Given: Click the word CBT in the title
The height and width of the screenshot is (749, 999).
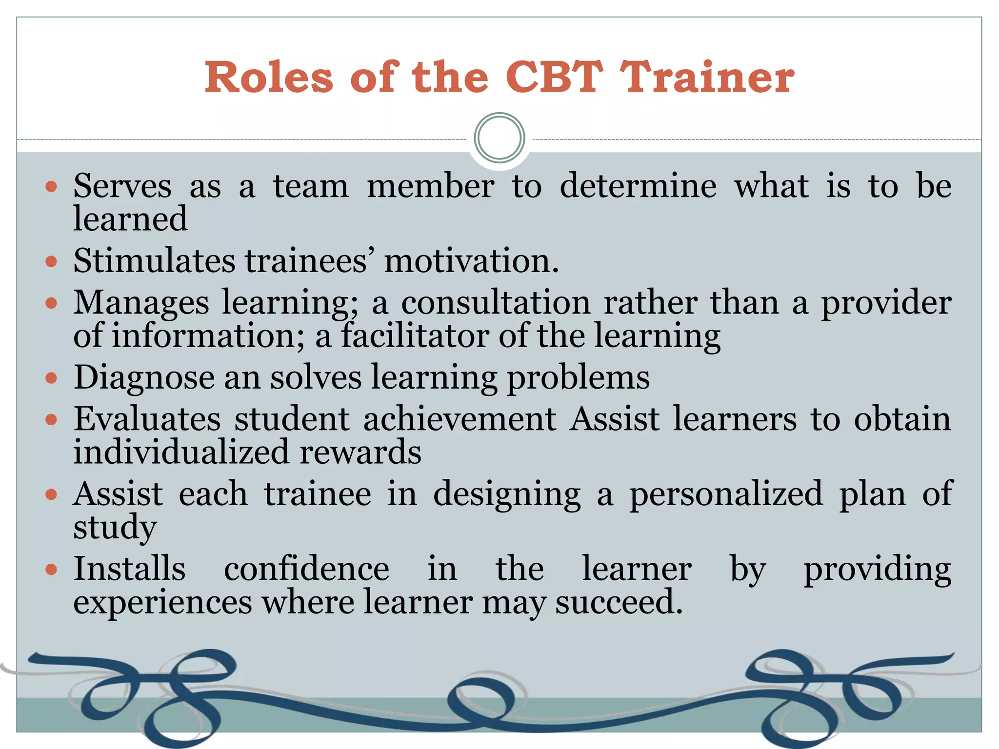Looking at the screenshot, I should click(x=554, y=77).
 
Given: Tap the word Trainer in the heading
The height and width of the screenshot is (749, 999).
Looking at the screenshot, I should click(x=707, y=77).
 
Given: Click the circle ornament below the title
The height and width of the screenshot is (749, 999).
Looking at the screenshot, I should click(x=499, y=138).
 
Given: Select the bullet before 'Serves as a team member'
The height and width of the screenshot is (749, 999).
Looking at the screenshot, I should click(x=51, y=186).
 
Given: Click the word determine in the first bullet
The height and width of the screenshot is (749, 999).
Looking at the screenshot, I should click(x=638, y=186).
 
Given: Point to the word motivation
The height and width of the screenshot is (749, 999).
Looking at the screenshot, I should click(x=471, y=261).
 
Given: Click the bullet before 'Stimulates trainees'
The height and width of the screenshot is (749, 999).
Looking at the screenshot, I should click(x=51, y=262).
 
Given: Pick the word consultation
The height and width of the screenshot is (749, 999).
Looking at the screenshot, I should click(x=496, y=303).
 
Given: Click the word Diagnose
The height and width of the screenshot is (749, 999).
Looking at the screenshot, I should click(x=144, y=378).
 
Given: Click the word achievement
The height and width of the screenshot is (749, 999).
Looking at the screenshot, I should click(x=460, y=419).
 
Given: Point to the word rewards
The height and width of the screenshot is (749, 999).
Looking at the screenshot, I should click(x=360, y=452).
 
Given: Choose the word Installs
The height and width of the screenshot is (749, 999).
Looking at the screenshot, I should click(x=129, y=569).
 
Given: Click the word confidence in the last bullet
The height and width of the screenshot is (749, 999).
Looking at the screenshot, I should click(x=306, y=569).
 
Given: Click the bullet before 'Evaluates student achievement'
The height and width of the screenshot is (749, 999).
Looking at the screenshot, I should click(x=51, y=419).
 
